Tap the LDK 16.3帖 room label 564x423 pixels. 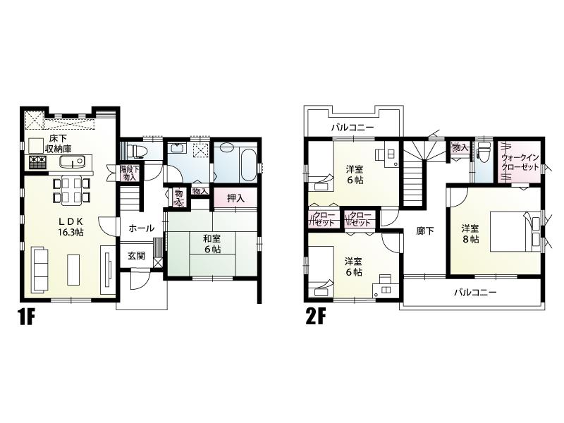click(x=70, y=226)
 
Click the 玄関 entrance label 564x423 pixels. click(x=136, y=256)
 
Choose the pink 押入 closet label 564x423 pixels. click(x=235, y=198)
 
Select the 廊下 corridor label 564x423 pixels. click(x=425, y=231)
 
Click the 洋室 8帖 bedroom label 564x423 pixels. click(x=471, y=233)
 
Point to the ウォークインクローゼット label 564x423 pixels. click(x=520, y=164)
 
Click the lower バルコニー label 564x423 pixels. click(x=474, y=292)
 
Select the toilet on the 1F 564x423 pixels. click(x=137, y=150)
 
